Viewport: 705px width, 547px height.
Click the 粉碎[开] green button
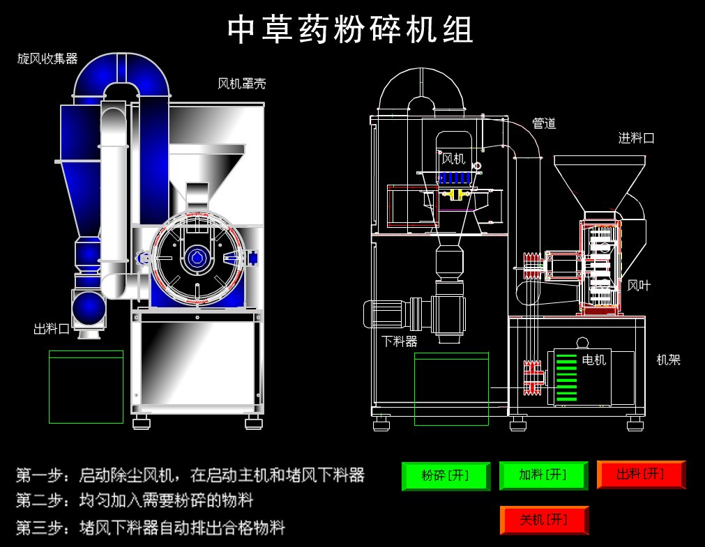click(445, 475)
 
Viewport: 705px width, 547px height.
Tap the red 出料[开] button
click(640, 475)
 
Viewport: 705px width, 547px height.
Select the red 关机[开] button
click(544, 520)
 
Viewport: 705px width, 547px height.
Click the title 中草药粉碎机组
click(351, 30)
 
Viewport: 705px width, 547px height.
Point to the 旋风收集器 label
click(47, 59)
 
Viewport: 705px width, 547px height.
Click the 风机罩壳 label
click(241, 84)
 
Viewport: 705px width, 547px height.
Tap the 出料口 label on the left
click(52, 329)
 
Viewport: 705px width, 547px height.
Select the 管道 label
click(544, 124)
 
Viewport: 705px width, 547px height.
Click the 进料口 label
click(636, 138)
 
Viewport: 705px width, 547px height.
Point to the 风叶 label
click(639, 285)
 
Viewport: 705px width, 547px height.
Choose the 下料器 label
click(400, 341)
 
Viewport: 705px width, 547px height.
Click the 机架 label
click(668, 360)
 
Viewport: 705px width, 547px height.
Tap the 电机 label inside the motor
click(594, 360)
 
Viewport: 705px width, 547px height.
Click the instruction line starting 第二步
click(134, 500)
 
